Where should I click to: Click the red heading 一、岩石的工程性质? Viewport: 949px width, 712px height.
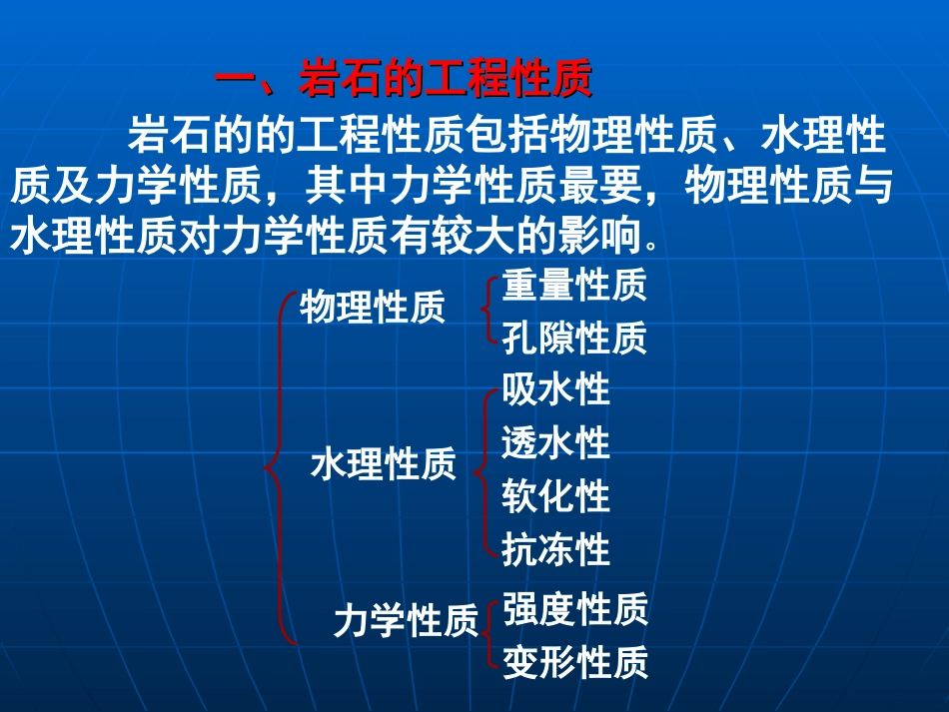pos(405,81)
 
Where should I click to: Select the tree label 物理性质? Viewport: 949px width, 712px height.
pos(373,309)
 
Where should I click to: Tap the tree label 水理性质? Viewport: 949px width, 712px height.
pos(384,464)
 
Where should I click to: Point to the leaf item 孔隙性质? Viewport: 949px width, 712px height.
pos(574,340)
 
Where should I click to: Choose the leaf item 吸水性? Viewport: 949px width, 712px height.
pos(555,389)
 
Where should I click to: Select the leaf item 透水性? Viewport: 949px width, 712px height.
pos(555,442)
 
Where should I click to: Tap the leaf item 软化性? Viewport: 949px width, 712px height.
pos(555,496)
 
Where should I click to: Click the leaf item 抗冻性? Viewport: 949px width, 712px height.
pos(555,549)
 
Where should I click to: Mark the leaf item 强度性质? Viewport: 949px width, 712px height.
pos(575,609)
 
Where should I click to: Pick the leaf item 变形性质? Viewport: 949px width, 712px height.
pos(575,661)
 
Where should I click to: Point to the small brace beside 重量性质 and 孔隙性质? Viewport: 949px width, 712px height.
pos(487,312)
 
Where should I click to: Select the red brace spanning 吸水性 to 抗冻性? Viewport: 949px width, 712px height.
pos(485,469)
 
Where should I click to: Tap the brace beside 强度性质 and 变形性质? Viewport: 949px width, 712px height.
pos(487,634)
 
